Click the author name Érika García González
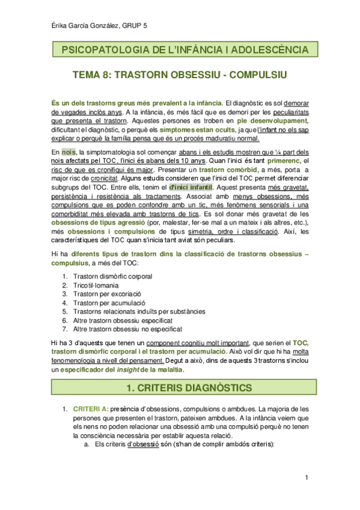(x=76, y=25)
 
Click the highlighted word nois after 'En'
(x=69, y=152)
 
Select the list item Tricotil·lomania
(x=96, y=285)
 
